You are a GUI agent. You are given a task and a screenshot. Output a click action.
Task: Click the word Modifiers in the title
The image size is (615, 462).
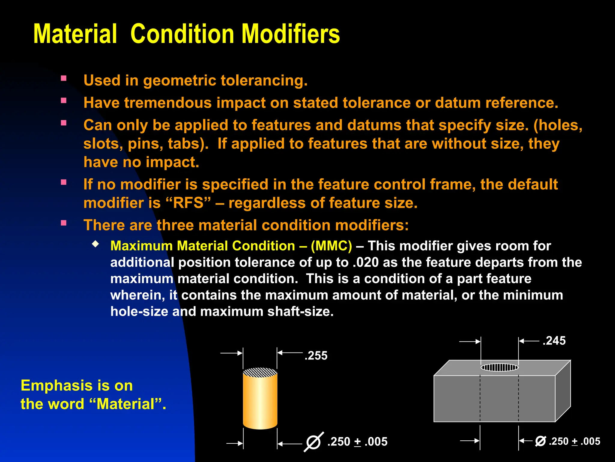(291, 34)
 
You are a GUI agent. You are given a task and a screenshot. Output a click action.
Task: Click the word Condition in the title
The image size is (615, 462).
(182, 34)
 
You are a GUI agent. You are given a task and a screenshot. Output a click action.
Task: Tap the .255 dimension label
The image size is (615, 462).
(316, 356)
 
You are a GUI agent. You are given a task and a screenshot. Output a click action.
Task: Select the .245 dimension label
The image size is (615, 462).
(554, 341)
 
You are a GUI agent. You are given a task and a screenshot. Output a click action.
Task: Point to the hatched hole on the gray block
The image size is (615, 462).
(499, 367)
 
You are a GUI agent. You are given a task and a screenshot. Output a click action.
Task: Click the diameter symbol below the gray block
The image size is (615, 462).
(540, 441)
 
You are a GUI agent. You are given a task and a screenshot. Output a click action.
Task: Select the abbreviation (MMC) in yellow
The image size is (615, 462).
(331, 246)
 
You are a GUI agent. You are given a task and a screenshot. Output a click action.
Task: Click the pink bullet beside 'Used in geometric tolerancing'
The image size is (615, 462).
(64, 79)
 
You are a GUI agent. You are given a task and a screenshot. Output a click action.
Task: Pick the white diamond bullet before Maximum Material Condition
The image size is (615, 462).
(95, 244)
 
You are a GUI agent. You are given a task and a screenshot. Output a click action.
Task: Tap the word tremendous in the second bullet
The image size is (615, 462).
(168, 103)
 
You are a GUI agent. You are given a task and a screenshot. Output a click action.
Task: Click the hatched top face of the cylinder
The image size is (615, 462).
(260, 372)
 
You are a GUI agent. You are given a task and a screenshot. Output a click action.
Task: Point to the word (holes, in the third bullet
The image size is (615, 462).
(558, 125)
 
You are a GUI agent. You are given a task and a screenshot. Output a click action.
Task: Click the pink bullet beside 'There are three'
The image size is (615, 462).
(64, 223)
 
